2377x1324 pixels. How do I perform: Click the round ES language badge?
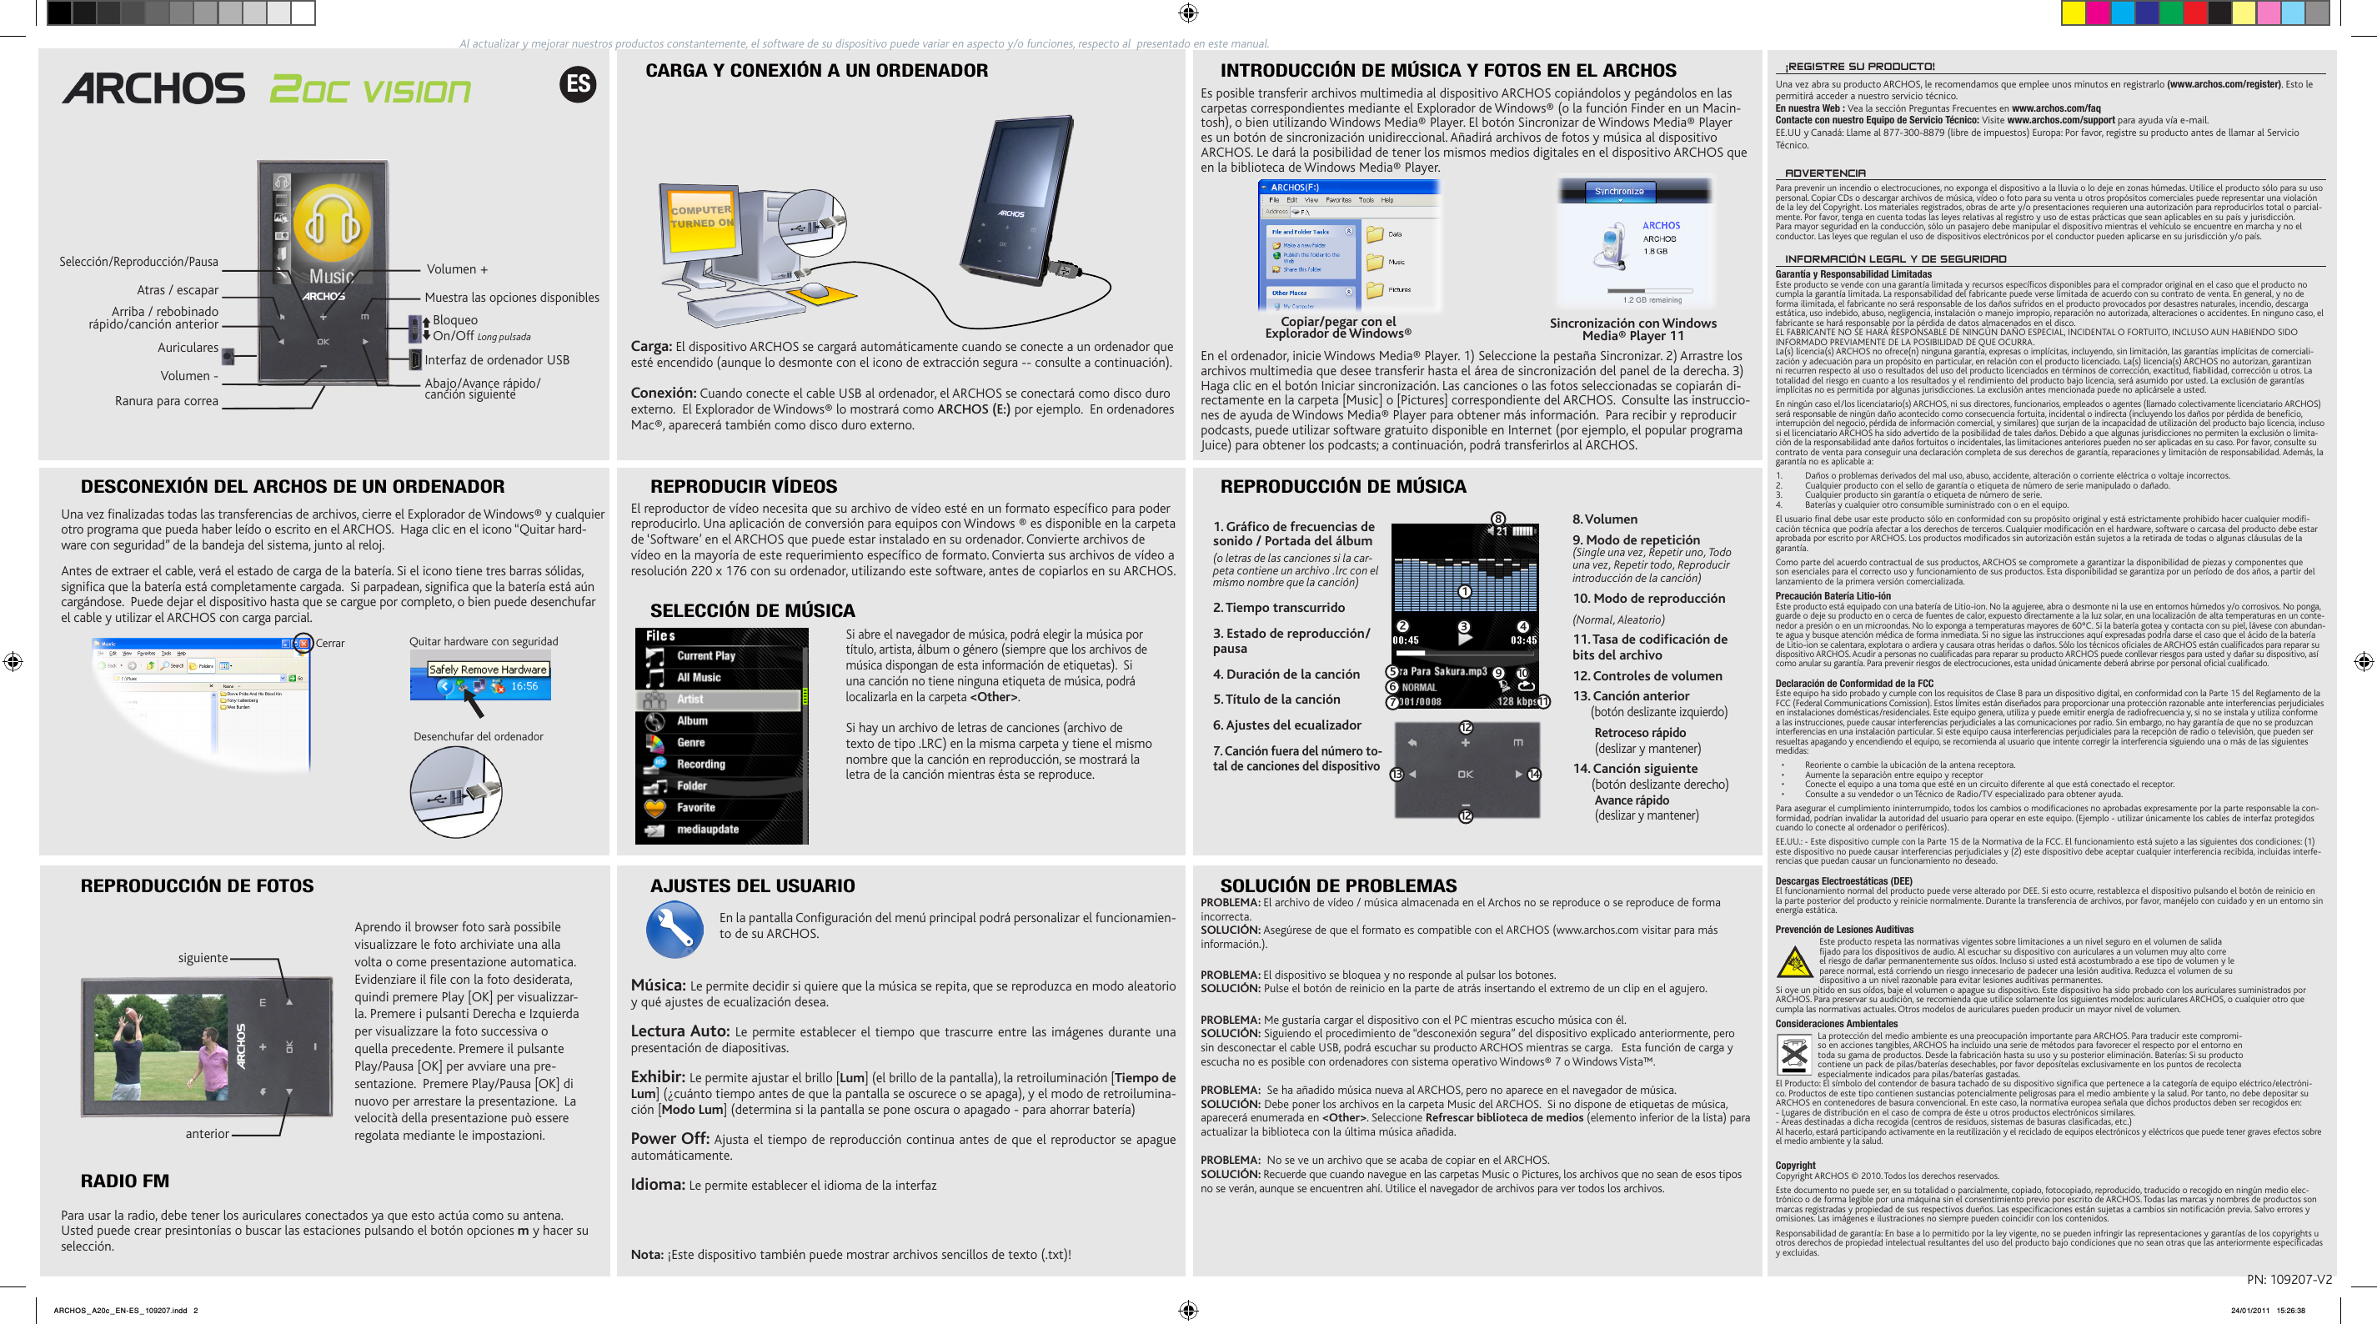tap(578, 85)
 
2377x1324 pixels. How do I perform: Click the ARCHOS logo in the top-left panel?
tap(153, 88)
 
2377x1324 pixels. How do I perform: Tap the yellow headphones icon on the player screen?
tap(331, 223)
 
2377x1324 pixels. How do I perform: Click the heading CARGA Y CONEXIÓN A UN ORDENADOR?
tap(815, 70)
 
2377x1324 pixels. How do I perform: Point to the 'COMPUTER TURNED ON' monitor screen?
tap(701, 218)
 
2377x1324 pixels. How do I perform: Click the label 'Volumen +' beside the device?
tap(457, 269)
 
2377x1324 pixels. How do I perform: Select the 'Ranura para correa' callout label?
tap(166, 400)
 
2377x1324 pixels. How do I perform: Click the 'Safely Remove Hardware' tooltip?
tap(487, 669)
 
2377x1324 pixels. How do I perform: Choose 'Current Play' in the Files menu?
tap(705, 656)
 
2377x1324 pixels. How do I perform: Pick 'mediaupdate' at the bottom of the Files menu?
tap(707, 829)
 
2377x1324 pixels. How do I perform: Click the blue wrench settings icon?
tap(674, 929)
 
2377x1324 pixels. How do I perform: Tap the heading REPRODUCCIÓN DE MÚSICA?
tap(1342, 486)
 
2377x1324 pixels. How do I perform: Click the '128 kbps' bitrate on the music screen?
tap(1516, 701)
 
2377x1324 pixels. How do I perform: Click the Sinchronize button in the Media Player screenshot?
tap(1618, 191)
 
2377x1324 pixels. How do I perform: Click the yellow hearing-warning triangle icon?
tap(1794, 962)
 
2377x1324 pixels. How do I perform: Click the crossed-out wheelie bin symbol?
tap(1794, 1053)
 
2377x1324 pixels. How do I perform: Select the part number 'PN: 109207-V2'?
tap(2289, 1279)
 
